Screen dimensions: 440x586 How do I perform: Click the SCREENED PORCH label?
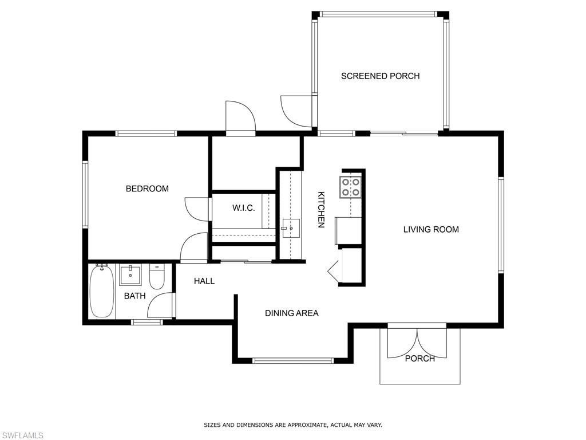click(380, 76)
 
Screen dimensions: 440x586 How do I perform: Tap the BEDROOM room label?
click(147, 188)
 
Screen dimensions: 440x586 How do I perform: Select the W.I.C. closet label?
click(243, 208)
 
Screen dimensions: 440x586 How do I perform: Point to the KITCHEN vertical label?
click(322, 209)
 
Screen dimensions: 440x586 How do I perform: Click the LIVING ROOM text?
click(431, 229)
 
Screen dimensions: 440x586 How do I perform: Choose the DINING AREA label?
click(291, 313)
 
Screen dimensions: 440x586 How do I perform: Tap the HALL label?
click(204, 281)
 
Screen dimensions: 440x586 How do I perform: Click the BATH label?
click(134, 296)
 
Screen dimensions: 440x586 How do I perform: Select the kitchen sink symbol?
click(290, 228)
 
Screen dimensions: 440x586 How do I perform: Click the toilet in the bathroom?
click(157, 277)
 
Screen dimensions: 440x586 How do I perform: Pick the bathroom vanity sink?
click(130, 275)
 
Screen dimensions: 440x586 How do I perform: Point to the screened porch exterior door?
click(296, 110)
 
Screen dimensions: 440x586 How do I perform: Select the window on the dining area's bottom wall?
click(292, 360)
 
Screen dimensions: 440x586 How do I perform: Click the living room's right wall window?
click(501, 224)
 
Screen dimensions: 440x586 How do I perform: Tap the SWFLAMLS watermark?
click(22, 435)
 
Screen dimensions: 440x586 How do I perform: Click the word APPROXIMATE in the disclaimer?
click(306, 425)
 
